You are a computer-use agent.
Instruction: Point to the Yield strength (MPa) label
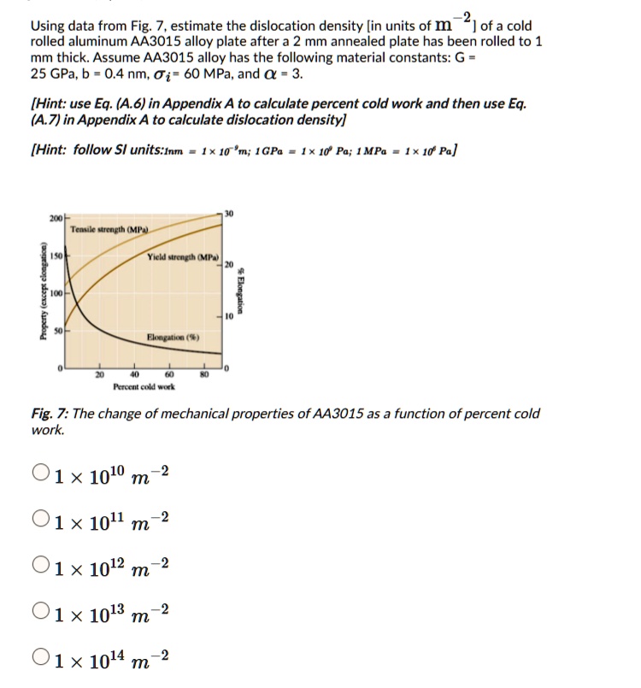coord(182,257)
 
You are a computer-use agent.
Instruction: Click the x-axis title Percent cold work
coord(144,386)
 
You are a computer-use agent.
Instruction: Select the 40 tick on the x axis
coord(134,374)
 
